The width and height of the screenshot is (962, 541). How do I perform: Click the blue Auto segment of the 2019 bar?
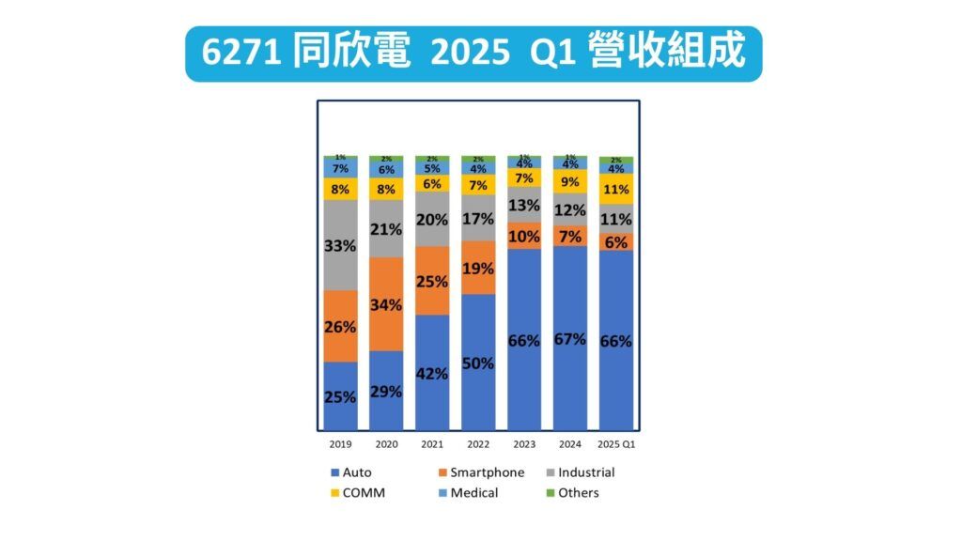pyautogui.click(x=340, y=396)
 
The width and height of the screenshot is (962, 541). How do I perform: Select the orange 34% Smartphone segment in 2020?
pyautogui.click(x=386, y=304)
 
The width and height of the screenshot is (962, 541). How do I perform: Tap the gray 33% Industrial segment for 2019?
pyautogui.click(x=340, y=245)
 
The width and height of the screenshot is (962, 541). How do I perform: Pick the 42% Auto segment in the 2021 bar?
pyautogui.click(x=432, y=373)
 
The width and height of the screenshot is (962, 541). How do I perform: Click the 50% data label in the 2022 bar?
pyautogui.click(x=478, y=363)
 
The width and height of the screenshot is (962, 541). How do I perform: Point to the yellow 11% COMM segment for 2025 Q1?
pyautogui.click(x=616, y=189)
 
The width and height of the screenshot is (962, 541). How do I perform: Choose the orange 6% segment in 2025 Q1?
pyautogui.click(x=616, y=241)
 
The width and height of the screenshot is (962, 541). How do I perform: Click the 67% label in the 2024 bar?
pyautogui.click(x=570, y=339)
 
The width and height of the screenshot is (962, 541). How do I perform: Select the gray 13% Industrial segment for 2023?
pyautogui.click(x=524, y=205)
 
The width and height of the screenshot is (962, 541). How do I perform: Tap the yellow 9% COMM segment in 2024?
pyautogui.click(x=570, y=181)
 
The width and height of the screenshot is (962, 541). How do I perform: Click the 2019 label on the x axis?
pyautogui.click(x=340, y=443)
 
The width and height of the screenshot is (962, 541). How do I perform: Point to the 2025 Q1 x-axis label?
pyautogui.click(x=616, y=443)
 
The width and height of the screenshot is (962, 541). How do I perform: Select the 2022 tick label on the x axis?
pyautogui.click(x=478, y=443)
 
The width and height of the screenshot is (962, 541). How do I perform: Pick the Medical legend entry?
pyautogui.click(x=473, y=493)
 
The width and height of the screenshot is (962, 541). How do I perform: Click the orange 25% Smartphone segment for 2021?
pyautogui.click(x=432, y=281)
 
